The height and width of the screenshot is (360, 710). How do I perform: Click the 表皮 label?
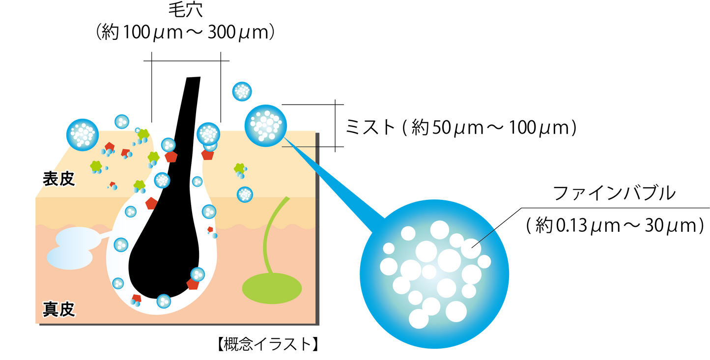[58, 179]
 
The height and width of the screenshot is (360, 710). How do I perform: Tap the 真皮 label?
[58, 309]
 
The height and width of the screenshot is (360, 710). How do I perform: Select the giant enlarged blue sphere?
[434, 274]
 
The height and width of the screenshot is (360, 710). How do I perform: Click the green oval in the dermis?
[272, 288]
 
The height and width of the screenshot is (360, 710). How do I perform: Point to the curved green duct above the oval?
[269, 236]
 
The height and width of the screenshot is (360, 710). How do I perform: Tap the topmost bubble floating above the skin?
[242, 91]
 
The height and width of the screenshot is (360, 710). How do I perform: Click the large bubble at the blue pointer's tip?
[266, 125]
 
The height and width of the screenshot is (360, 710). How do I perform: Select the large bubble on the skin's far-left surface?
[82, 134]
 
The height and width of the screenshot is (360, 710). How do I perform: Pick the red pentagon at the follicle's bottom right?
[193, 284]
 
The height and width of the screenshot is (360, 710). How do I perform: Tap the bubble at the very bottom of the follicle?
[164, 301]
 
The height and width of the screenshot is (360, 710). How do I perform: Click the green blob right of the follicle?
[239, 168]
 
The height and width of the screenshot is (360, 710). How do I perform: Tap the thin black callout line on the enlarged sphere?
[483, 239]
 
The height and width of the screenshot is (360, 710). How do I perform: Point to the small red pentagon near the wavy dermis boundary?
[210, 229]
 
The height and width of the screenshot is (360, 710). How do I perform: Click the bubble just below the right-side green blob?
[245, 194]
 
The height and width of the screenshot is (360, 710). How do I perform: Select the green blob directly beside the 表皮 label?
[96, 166]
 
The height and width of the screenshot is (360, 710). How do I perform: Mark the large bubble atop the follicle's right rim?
[208, 133]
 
